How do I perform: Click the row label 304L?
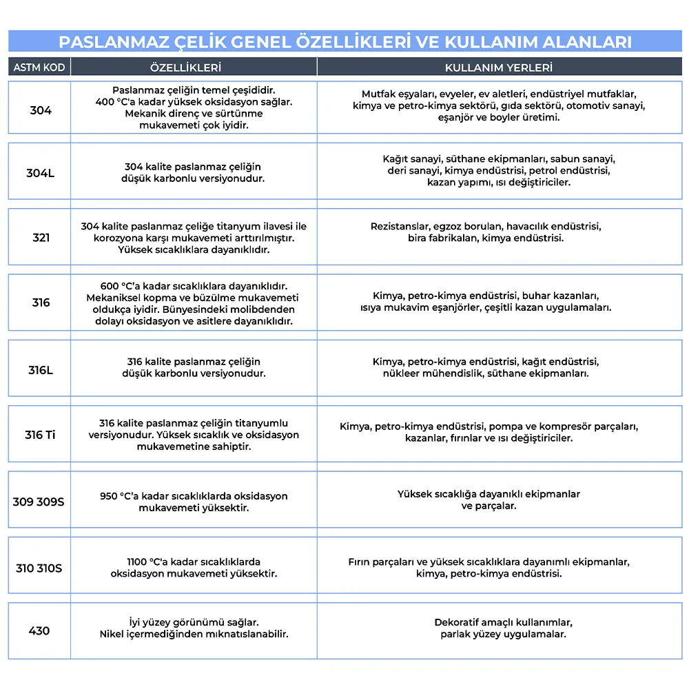tap(41, 173)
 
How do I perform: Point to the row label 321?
tap(41, 238)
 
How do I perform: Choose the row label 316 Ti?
tap(40, 435)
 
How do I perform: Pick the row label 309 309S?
tap(39, 502)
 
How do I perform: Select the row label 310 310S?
tap(39, 568)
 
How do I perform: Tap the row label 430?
tap(39, 630)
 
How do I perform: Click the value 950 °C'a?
tap(119, 496)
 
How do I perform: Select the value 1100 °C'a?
tap(148, 562)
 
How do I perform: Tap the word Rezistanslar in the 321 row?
tap(400, 227)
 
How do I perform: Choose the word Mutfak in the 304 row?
tap(378, 94)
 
